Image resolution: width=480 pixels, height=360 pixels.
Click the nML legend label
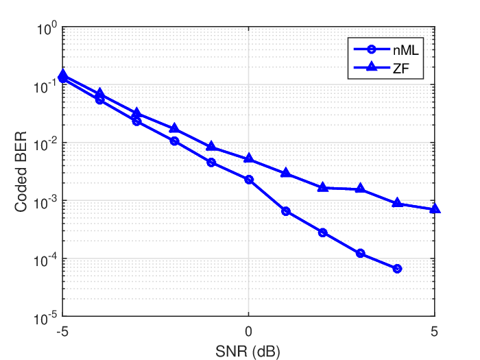coord(406,50)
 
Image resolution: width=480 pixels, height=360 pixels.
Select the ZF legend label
coord(400,69)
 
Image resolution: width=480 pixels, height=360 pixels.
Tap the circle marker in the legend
coord(372,49)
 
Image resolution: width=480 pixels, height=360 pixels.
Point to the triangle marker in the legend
coord(372,67)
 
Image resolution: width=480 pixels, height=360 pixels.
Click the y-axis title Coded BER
coord(21,171)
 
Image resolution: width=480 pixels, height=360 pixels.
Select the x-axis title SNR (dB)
coord(248,351)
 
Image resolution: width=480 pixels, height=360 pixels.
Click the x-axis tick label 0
coord(248,331)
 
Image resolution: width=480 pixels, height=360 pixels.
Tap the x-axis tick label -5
coord(62,331)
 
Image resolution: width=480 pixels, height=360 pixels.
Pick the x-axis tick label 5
coord(434,331)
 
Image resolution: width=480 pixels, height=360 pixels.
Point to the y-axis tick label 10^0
coord(47,29)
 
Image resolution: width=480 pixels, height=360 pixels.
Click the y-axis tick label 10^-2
coord(45,144)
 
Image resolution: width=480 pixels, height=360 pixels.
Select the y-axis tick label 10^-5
coord(45,318)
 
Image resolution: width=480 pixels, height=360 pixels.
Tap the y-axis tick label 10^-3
coord(45,202)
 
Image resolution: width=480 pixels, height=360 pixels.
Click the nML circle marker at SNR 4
coord(397,269)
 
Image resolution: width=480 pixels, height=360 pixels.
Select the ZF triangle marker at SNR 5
coord(435,208)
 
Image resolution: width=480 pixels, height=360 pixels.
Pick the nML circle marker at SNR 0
coord(248,180)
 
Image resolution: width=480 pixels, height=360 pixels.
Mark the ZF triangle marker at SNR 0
coord(248,158)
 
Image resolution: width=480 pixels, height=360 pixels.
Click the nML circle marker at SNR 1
coord(286,211)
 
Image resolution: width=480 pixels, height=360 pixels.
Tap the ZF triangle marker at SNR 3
coord(360,188)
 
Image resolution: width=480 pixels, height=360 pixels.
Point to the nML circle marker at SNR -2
coord(174,141)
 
